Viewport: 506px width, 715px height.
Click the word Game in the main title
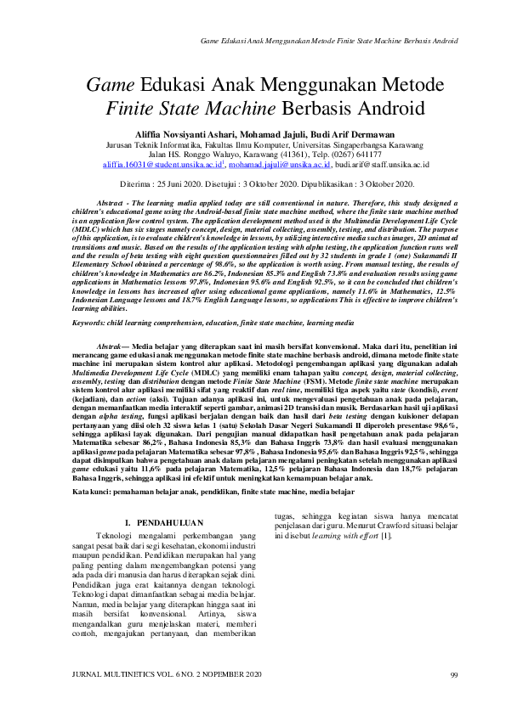pyautogui.click(x=115, y=85)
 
